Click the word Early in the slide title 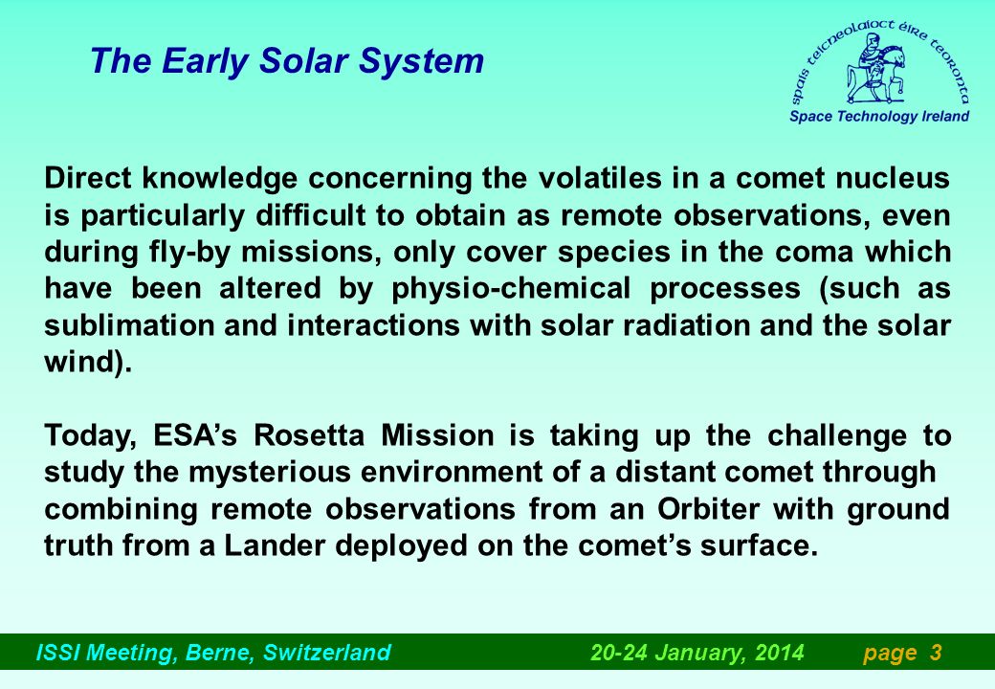(x=205, y=61)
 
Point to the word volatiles (x=600, y=178)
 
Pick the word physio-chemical (x=511, y=289)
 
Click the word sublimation (x=129, y=325)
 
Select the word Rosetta (x=309, y=435)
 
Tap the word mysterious (x=269, y=473)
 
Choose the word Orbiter (x=708, y=509)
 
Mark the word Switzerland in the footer (x=327, y=653)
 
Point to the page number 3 (x=936, y=653)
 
